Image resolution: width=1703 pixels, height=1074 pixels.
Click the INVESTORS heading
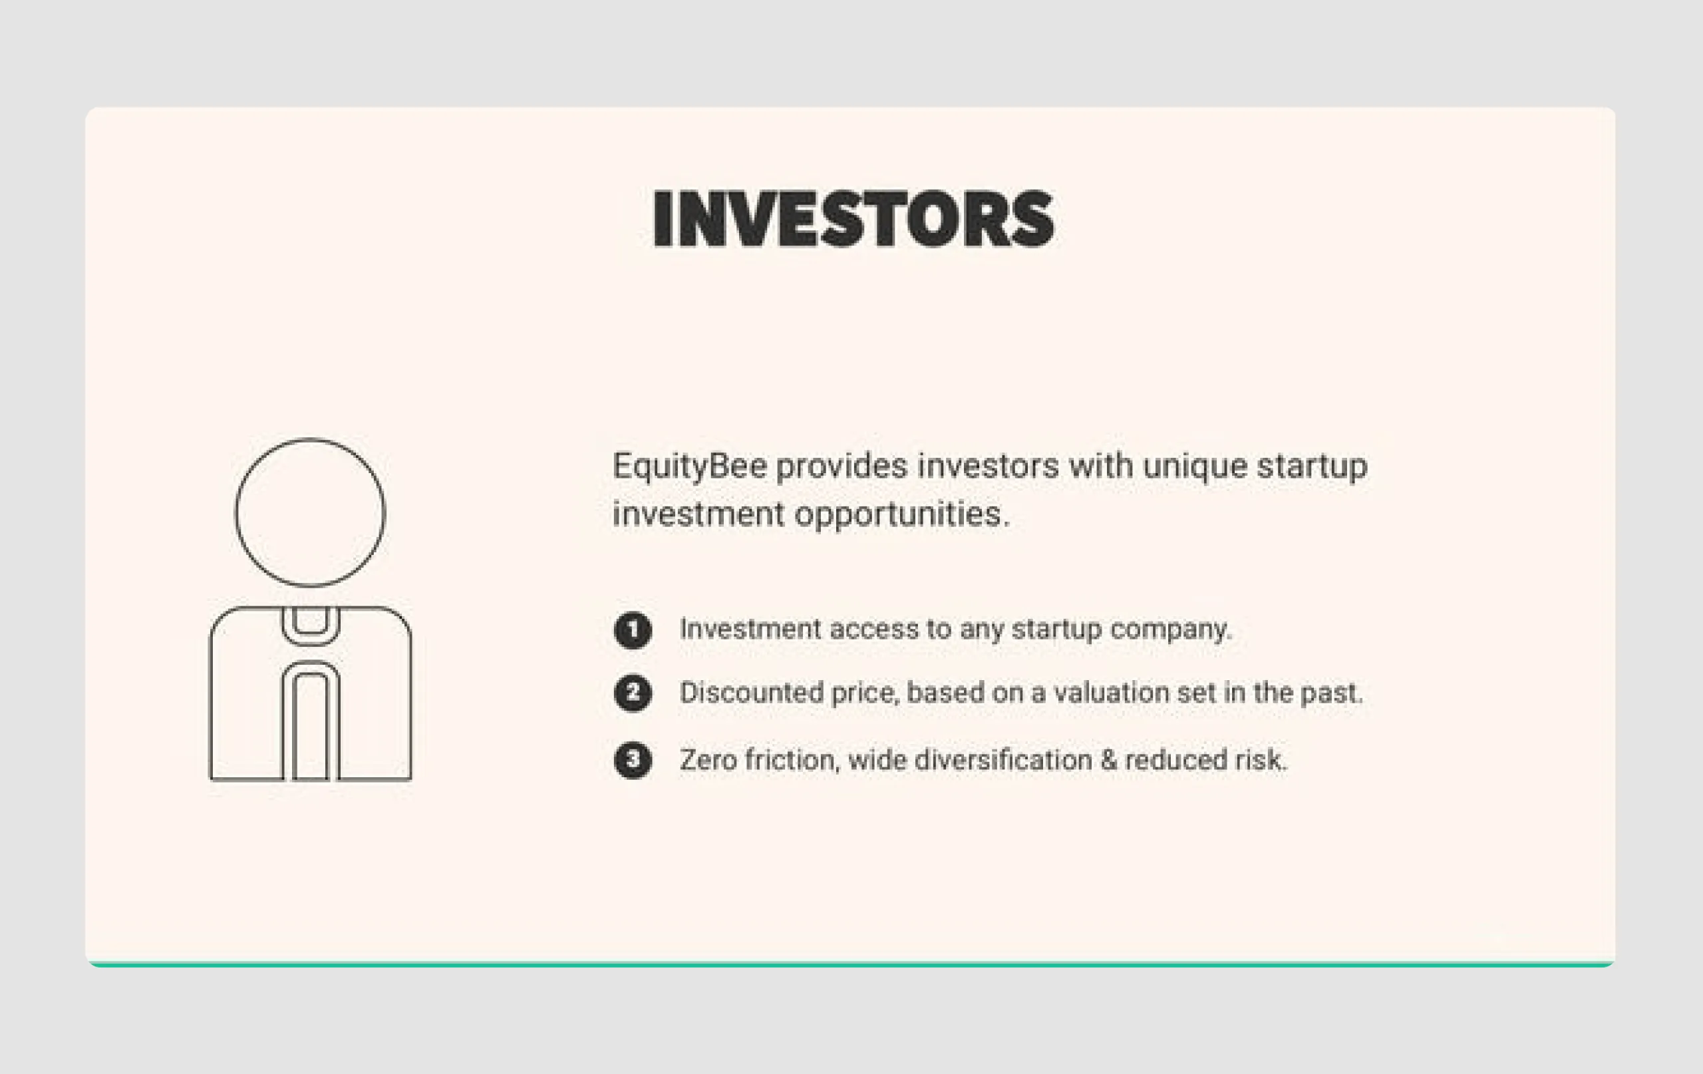[x=853, y=219]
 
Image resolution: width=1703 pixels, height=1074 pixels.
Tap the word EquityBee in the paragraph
[x=690, y=467]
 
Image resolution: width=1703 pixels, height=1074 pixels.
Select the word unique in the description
[x=1195, y=467]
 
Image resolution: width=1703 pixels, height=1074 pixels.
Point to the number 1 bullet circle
[x=632, y=629]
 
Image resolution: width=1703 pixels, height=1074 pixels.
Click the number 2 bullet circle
[x=632, y=693]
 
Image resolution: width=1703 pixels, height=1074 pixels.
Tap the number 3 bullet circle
[x=632, y=761]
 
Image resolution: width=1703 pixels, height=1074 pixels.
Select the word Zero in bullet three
[x=708, y=761]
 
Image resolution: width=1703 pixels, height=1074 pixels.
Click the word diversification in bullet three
[x=1003, y=761]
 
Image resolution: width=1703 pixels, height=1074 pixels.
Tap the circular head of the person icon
[x=310, y=513]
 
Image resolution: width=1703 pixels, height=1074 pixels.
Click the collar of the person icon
[x=310, y=626]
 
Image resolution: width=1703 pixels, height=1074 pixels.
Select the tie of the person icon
[x=310, y=725]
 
